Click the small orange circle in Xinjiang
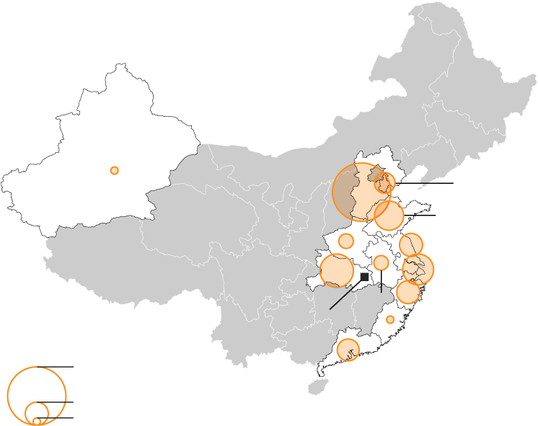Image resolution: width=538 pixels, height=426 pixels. click(x=114, y=170)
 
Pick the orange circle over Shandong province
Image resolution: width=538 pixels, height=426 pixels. click(x=389, y=216)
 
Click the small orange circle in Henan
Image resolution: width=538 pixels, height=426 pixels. click(x=346, y=241)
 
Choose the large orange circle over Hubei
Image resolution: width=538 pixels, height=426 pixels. click(x=336, y=270)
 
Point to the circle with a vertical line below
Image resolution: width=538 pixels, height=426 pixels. click(x=381, y=262)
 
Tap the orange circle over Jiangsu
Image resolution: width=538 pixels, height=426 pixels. click(x=411, y=245)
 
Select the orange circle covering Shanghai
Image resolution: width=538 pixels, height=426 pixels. click(x=418, y=269)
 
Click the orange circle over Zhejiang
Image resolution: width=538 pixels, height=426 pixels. click(x=408, y=292)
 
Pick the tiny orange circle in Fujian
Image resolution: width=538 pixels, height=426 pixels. click(x=390, y=319)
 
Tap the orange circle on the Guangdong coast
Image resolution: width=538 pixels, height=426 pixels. click(x=348, y=350)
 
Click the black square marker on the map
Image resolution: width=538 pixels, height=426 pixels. click(x=364, y=277)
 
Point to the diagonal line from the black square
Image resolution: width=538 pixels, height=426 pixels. click(x=346, y=294)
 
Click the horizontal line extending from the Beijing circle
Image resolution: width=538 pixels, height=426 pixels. click(x=425, y=183)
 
